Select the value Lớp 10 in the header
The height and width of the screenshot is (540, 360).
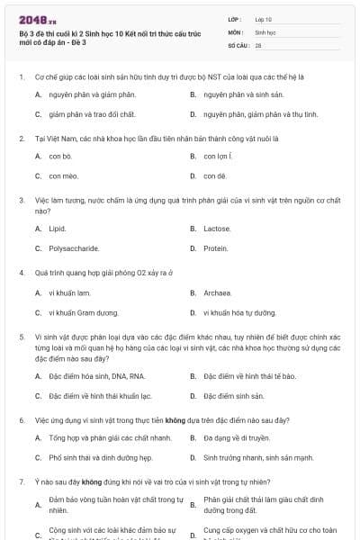[264, 18]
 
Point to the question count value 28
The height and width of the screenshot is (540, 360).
[258, 44]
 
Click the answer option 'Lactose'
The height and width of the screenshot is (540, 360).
[218, 229]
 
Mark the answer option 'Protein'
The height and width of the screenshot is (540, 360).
[216, 248]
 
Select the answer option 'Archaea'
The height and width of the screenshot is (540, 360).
[219, 292]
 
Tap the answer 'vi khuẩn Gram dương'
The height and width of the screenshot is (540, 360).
[84, 312]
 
